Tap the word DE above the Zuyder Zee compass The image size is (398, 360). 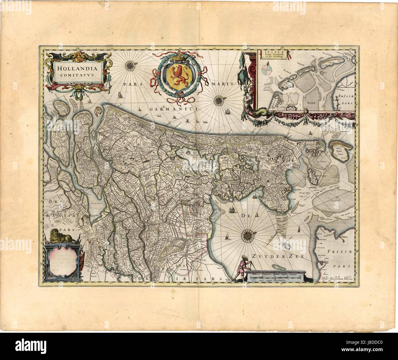244,216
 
